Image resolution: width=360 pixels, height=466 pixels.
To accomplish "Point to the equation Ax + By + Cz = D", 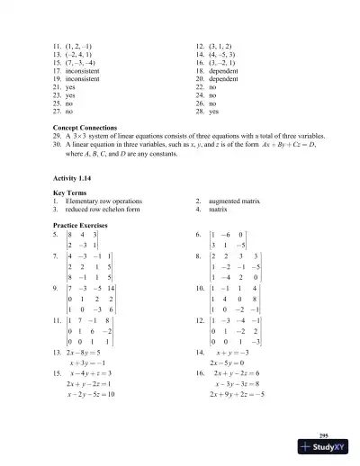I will (x=305, y=143).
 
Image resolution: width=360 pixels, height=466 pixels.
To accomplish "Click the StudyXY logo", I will (x=323, y=452).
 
